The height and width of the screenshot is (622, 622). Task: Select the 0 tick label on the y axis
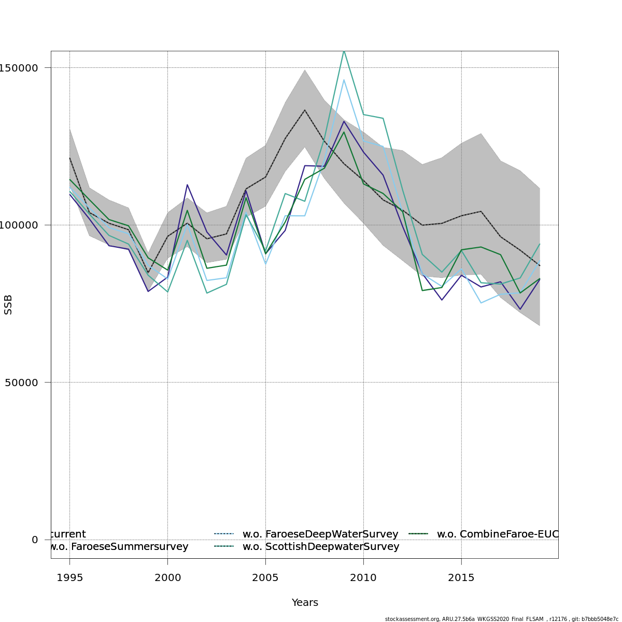[x=35, y=540]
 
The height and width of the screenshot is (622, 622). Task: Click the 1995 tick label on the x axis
[x=69, y=578]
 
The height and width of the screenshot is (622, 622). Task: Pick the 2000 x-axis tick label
[x=167, y=578]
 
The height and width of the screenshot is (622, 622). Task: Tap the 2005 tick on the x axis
[x=265, y=578]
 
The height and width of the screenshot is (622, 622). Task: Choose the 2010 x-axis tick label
[x=363, y=578]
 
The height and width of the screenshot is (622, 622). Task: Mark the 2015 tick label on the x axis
[x=461, y=578]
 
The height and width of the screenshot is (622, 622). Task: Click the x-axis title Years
[x=305, y=603]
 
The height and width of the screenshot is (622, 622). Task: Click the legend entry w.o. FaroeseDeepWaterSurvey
[x=320, y=534]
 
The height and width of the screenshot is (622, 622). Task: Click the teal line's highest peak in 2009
[x=344, y=50]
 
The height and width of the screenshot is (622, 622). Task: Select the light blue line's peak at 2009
[x=344, y=80]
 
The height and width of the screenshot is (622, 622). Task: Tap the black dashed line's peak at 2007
[x=305, y=110]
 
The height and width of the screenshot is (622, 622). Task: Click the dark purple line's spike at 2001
[x=187, y=185]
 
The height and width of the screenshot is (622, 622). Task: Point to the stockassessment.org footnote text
[x=501, y=619]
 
